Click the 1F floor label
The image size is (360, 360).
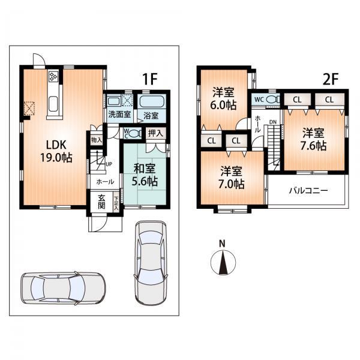point(149,79)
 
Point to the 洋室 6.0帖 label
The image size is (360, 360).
point(223,98)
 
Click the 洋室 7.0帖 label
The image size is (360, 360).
point(231,177)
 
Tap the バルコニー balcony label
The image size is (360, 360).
point(308,191)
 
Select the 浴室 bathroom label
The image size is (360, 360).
point(151,113)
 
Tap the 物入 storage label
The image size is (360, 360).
point(96,140)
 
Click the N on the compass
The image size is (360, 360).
point(222,243)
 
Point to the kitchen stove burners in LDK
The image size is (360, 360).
point(54,77)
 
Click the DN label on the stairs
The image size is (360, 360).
point(273,122)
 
